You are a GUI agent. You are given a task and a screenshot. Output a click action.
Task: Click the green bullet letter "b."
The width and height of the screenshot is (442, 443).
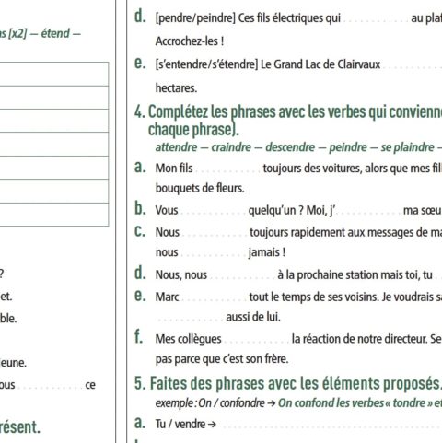[139, 209]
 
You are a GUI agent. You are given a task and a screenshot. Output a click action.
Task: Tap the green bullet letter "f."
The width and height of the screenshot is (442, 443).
[139, 337]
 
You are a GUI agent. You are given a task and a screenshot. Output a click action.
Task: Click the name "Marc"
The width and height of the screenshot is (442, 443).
[167, 296]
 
